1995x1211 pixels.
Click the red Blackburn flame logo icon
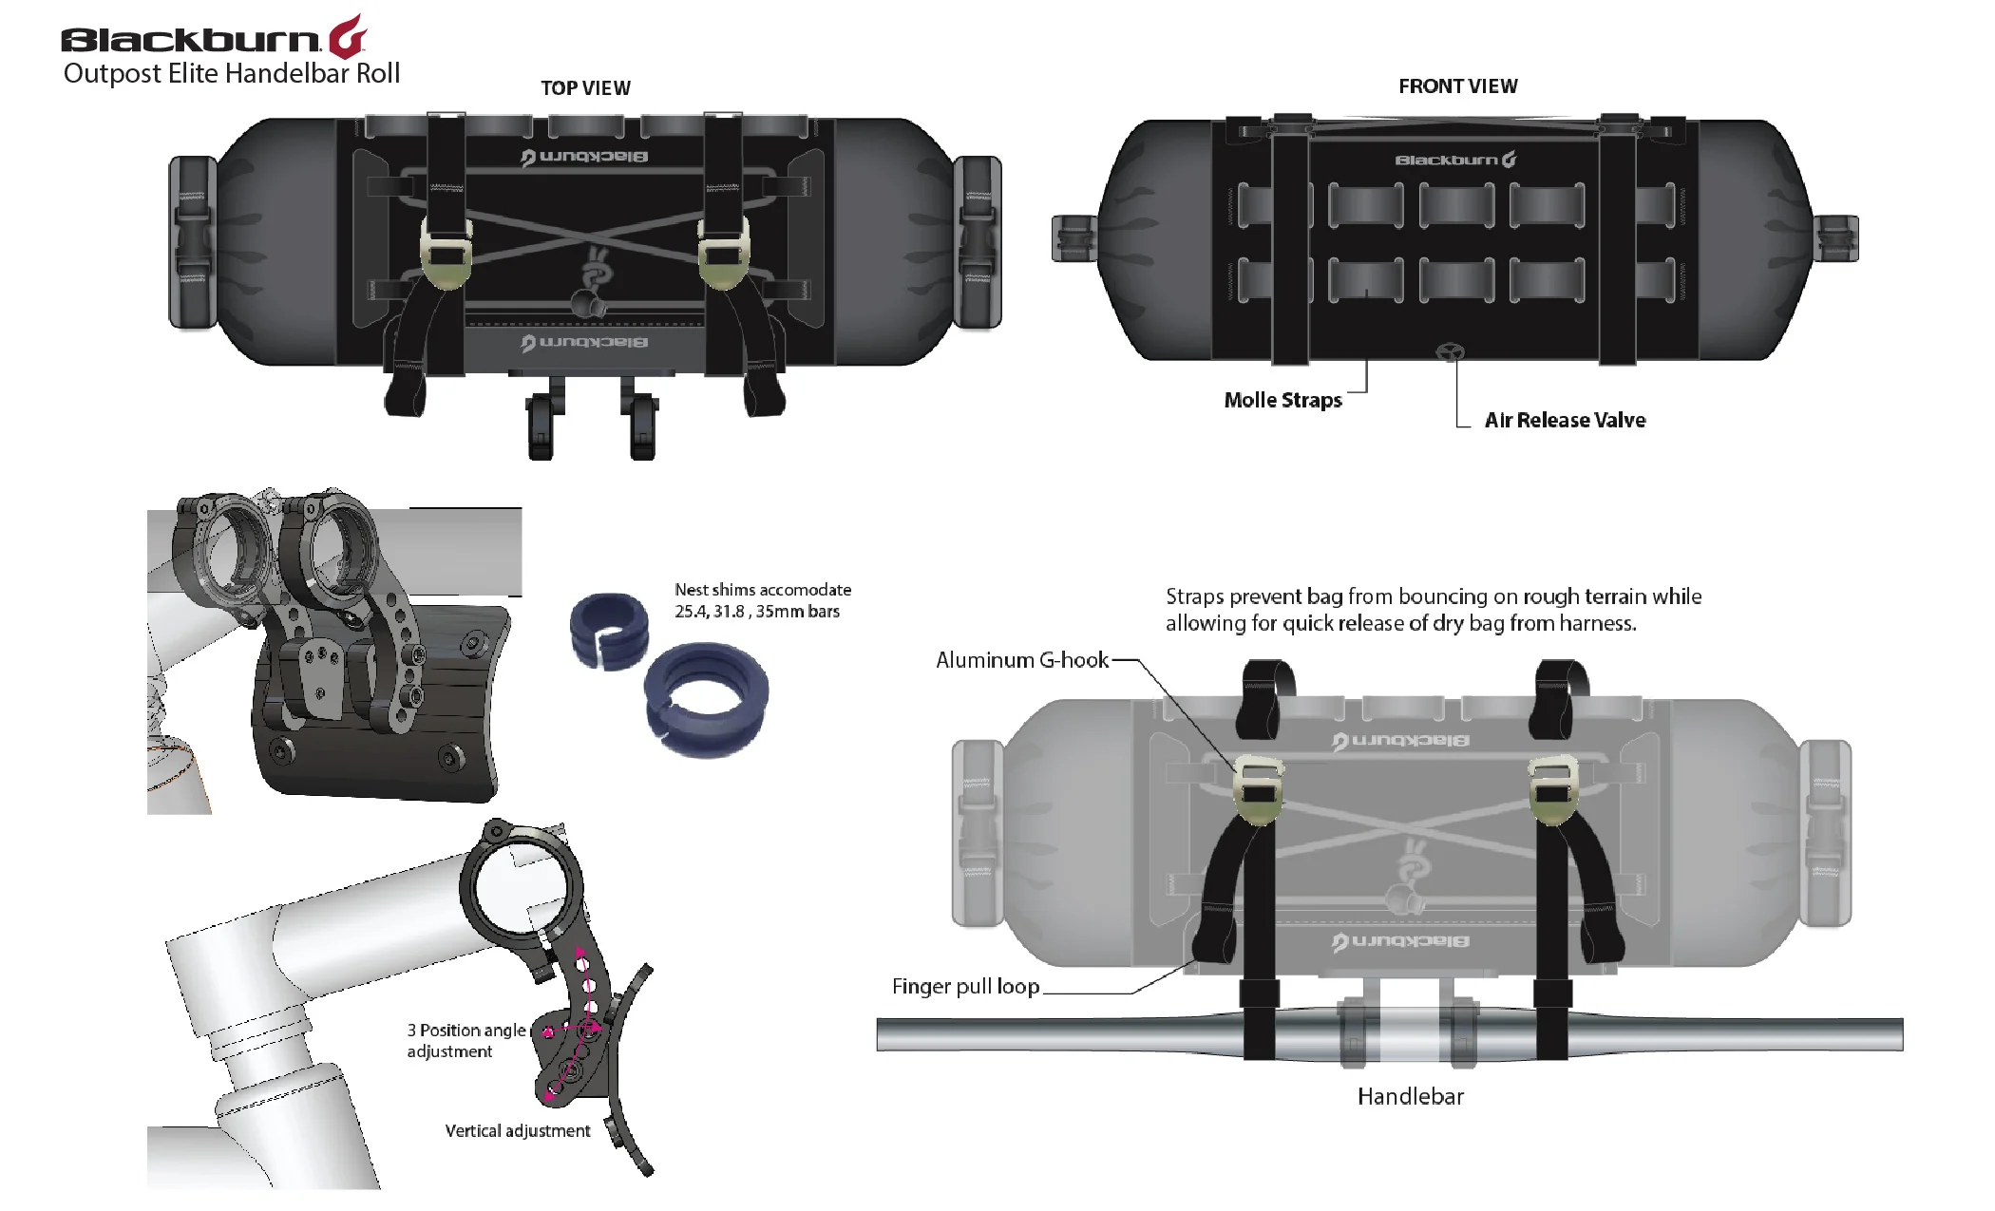click(x=348, y=38)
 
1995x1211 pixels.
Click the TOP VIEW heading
click(x=585, y=88)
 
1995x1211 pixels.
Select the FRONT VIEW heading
click(x=1457, y=86)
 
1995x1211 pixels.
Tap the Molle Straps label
click(x=1282, y=401)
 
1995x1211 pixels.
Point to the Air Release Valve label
click(x=1565, y=421)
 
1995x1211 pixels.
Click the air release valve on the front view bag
click(x=1450, y=352)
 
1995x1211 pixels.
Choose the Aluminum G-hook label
click(x=1021, y=660)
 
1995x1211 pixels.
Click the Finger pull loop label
click(x=965, y=987)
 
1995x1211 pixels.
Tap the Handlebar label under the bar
click(x=1410, y=1097)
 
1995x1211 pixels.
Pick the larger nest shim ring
click(x=706, y=698)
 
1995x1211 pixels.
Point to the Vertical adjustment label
click(x=518, y=1131)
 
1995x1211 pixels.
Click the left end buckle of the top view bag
click(x=193, y=242)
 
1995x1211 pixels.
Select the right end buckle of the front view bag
click(x=1836, y=238)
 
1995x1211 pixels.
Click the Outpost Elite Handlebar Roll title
click(x=232, y=74)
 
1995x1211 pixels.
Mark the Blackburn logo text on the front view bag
click(x=1454, y=161)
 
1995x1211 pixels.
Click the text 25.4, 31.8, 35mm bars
click(x=757, y=612)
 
